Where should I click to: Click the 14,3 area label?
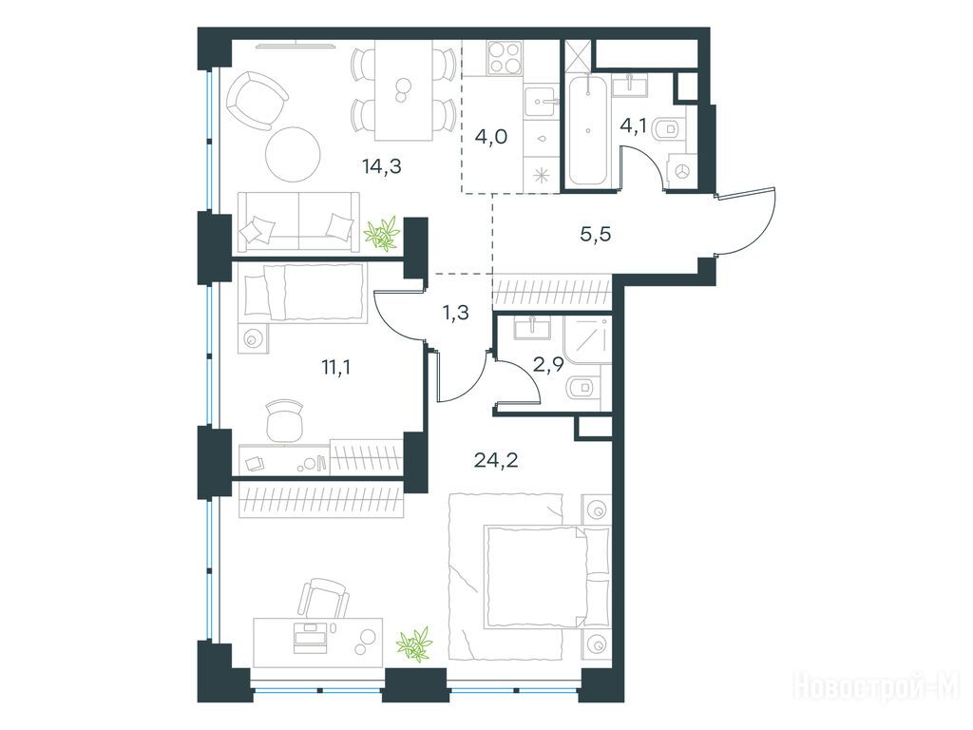382,166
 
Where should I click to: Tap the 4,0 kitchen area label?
490,136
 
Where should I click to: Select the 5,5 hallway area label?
596,234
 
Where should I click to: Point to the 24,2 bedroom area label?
496,460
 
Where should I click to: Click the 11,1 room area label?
336,368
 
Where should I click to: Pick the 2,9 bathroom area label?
548,364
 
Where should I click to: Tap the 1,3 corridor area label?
455,314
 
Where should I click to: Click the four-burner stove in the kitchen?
504,57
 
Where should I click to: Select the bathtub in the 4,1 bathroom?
587,129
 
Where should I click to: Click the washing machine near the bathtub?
683,171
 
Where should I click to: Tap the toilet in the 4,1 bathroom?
670,128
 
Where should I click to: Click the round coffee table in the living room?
294,154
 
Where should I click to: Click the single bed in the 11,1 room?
303,292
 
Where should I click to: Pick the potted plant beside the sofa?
381,234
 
